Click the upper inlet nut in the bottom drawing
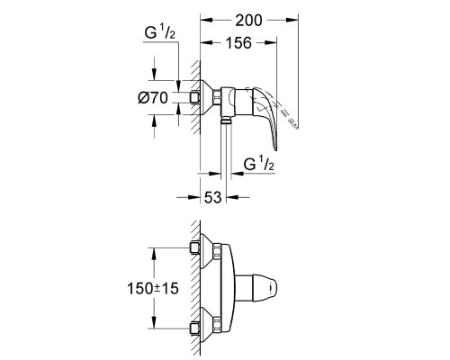(194, 247)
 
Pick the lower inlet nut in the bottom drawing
(194, 330)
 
